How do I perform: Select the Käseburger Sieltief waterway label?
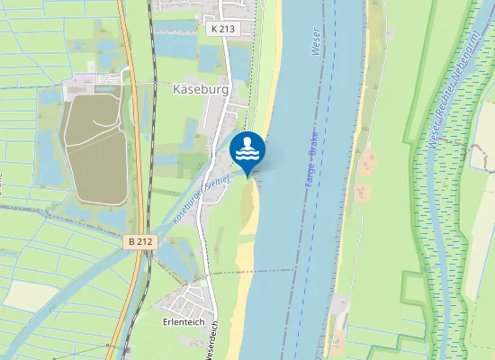[x=203, y=188]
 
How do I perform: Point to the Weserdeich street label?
[x=213, y=343]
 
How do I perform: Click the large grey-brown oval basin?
[x=94, y=148]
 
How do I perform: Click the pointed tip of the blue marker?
[x=247, y=175]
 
